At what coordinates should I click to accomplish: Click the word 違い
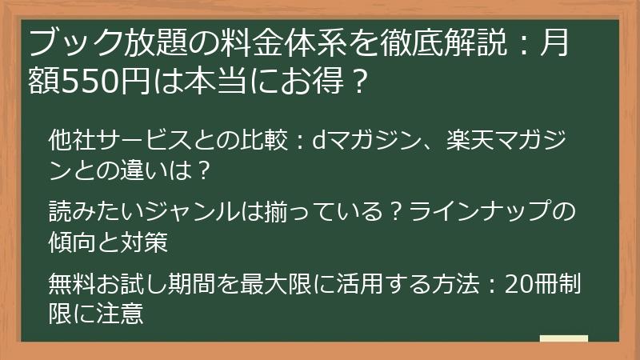coord(133,170)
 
